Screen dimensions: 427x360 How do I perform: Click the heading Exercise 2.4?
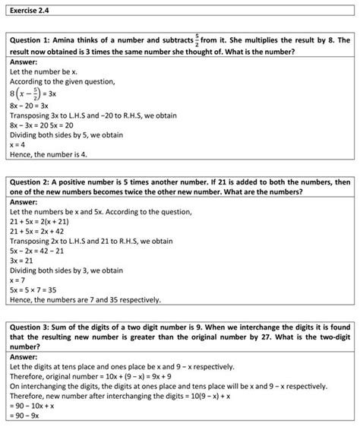29,10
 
